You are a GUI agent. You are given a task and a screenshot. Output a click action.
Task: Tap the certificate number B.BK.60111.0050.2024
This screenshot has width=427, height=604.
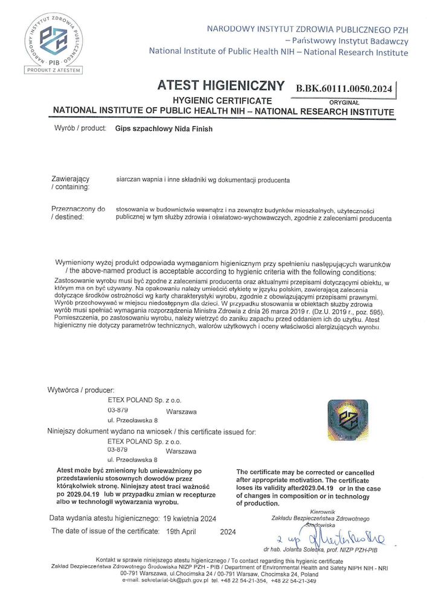point(344,89)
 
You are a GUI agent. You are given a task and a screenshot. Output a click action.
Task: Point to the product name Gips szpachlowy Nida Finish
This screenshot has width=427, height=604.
point(164,129)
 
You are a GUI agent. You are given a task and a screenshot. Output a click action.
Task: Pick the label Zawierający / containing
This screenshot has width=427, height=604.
point(71,184)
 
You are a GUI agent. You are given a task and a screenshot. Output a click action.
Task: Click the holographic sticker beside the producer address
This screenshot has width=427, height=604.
point(348,420)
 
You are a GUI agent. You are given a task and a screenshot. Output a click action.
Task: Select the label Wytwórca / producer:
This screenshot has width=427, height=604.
point(81,390)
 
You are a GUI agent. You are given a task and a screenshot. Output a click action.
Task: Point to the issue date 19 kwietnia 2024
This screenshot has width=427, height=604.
point(190,519)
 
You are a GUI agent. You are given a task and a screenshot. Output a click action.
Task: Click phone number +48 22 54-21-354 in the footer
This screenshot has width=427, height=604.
point(244,580)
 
